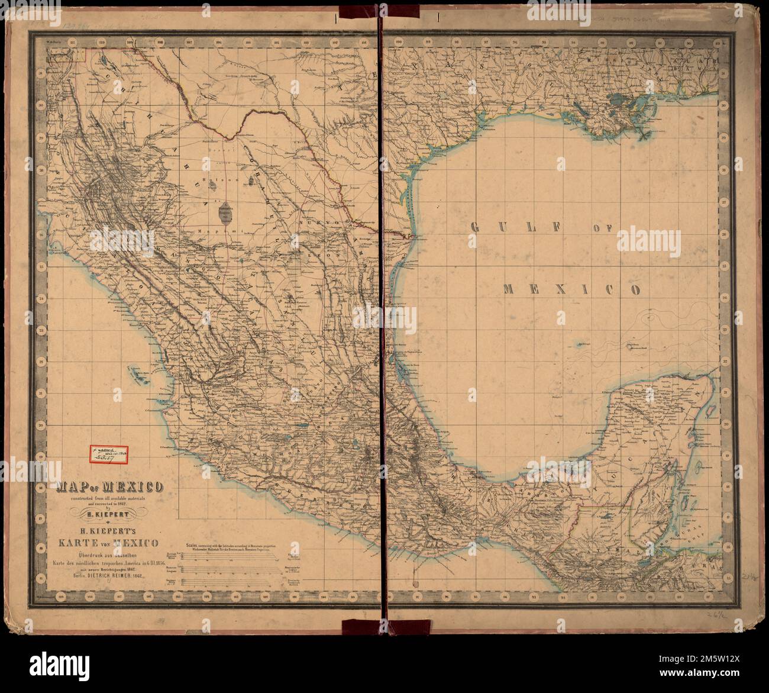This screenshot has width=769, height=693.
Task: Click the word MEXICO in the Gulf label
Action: coord(572,289)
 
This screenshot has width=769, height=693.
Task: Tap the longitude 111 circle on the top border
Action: coord(73,43)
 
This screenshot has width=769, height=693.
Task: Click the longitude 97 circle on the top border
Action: coord(485,43)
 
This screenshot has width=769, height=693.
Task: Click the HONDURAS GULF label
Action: coord(698,526)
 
